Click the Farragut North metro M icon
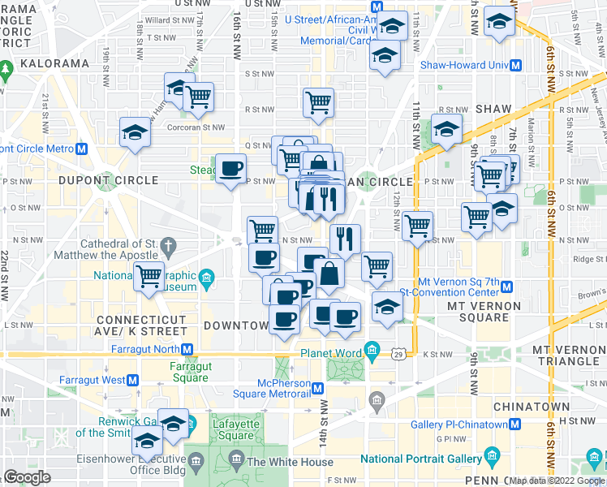coord(187,350)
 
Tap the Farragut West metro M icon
coord(133,380)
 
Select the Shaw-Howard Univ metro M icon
coord(515,66)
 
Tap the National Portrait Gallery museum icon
coord(489,456)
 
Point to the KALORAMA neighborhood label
coord(55,63)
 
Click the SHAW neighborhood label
coord(494,109)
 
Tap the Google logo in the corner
coord(27,477)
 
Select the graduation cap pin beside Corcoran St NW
coord(135,132)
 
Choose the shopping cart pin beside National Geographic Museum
coord(149,276)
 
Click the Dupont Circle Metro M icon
coord(81,149)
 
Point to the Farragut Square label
coord(190,372)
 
